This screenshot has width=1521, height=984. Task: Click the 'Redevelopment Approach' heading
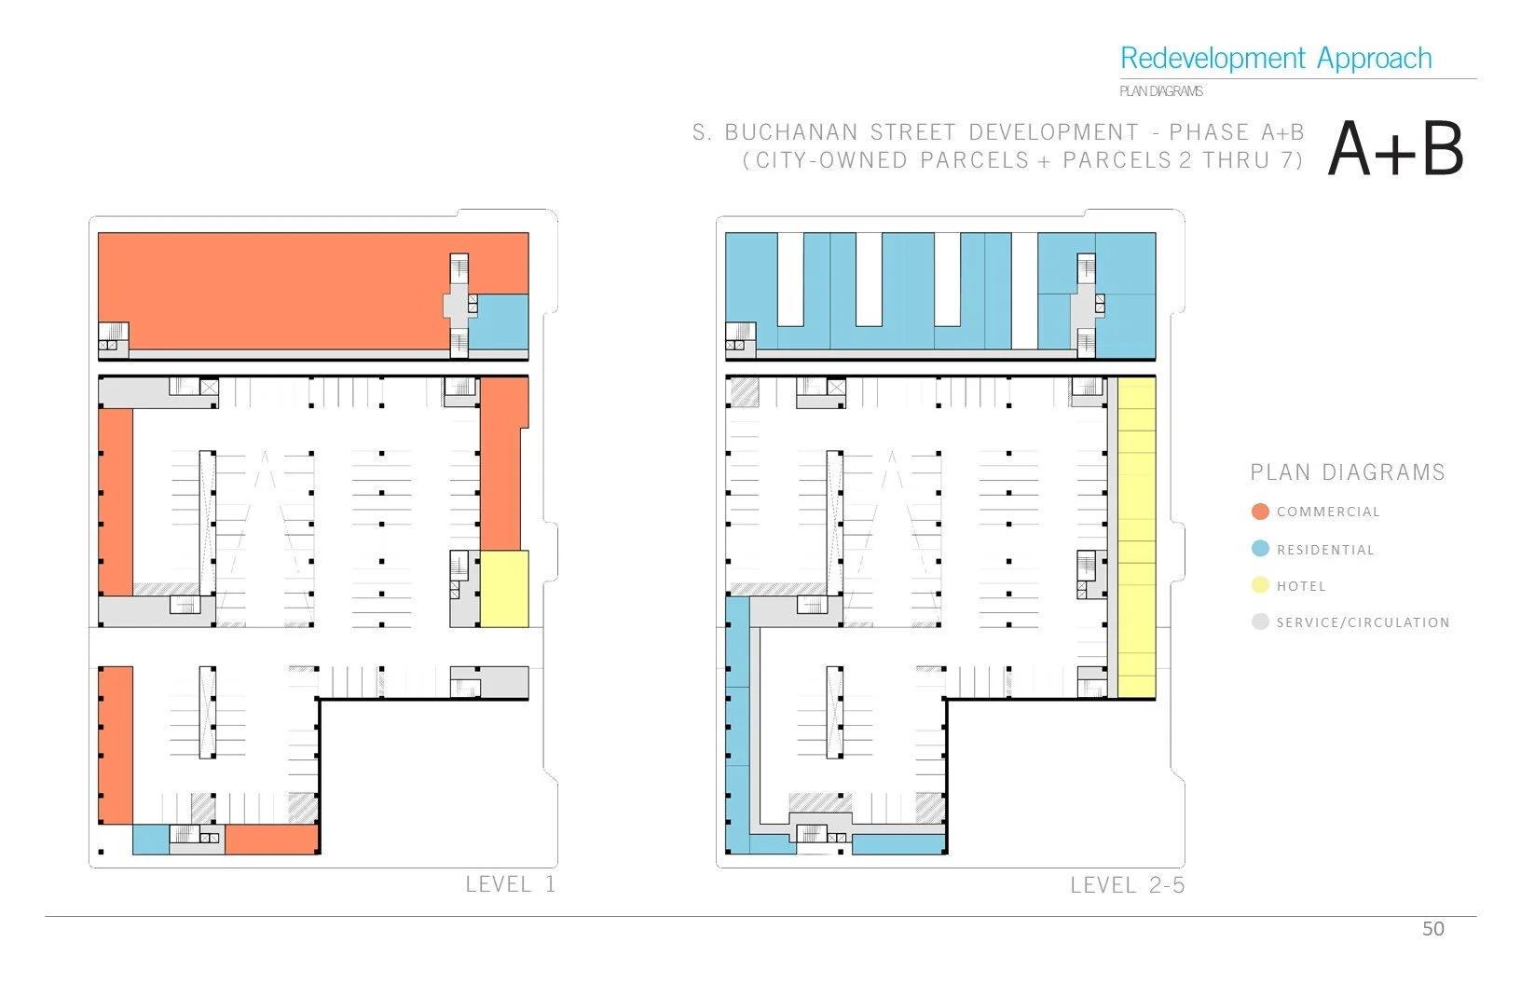pos(1275,59)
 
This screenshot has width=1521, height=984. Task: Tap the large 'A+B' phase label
pos(1395,150)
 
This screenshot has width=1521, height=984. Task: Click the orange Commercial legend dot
pos(1260,512)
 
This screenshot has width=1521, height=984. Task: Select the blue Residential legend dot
pos(1260,549)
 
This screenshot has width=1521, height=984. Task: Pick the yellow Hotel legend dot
pos(1260,585)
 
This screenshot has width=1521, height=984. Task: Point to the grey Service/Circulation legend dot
pos(1260,622)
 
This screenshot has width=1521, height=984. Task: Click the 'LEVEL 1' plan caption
pos(510,884)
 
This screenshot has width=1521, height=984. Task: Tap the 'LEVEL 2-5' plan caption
pos(1127,885)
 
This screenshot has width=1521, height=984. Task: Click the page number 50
pos(1432,929)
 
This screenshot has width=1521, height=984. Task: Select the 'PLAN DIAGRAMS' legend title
pos(1347,472)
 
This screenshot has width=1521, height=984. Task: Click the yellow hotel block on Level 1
pos(504,588)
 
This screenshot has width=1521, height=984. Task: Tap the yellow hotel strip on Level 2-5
pos(1136,537)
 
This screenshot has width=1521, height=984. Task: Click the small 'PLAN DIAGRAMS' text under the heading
pos(1160,91)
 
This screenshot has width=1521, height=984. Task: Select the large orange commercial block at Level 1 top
pos(270,289)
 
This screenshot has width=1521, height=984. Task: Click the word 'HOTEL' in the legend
pos(1301,586)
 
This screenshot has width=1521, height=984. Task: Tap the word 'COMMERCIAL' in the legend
pos(1328,512)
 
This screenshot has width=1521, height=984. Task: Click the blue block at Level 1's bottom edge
pos(150,840)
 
